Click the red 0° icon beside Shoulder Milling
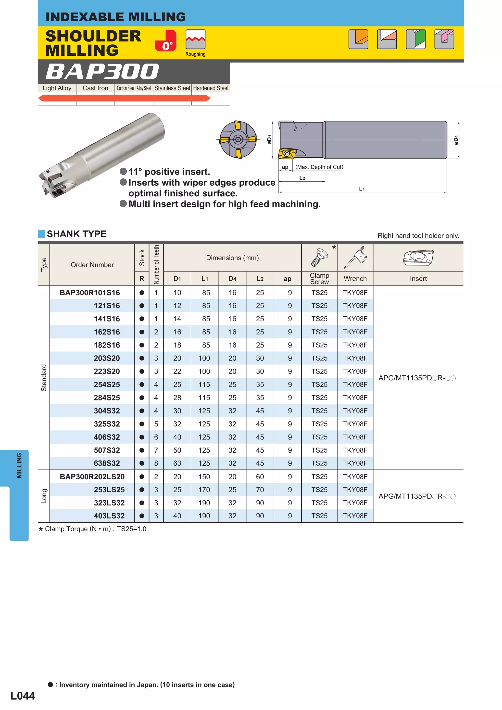[x=165, y=40]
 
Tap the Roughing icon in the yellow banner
[x=195, y=40]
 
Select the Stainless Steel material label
[x=172, y=88]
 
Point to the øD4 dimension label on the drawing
[x=456, y=140]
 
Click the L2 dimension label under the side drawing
[x=302, y=178]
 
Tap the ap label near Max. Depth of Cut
[x=285, y=167]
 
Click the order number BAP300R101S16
[x=90, y=293]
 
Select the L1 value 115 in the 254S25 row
[x=204, y=384]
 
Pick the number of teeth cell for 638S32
[x=156, y=463]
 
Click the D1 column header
[x=177, y=279]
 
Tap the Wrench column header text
[x=355, y=279]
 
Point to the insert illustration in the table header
[x=418, y=258]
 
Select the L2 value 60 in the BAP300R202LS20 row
[x=260, y=476]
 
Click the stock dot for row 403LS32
[x=142, y=516]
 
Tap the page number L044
[x=23, y=696]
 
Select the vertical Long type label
[x=44, y=496]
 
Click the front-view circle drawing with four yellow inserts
[x=238, y=140]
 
